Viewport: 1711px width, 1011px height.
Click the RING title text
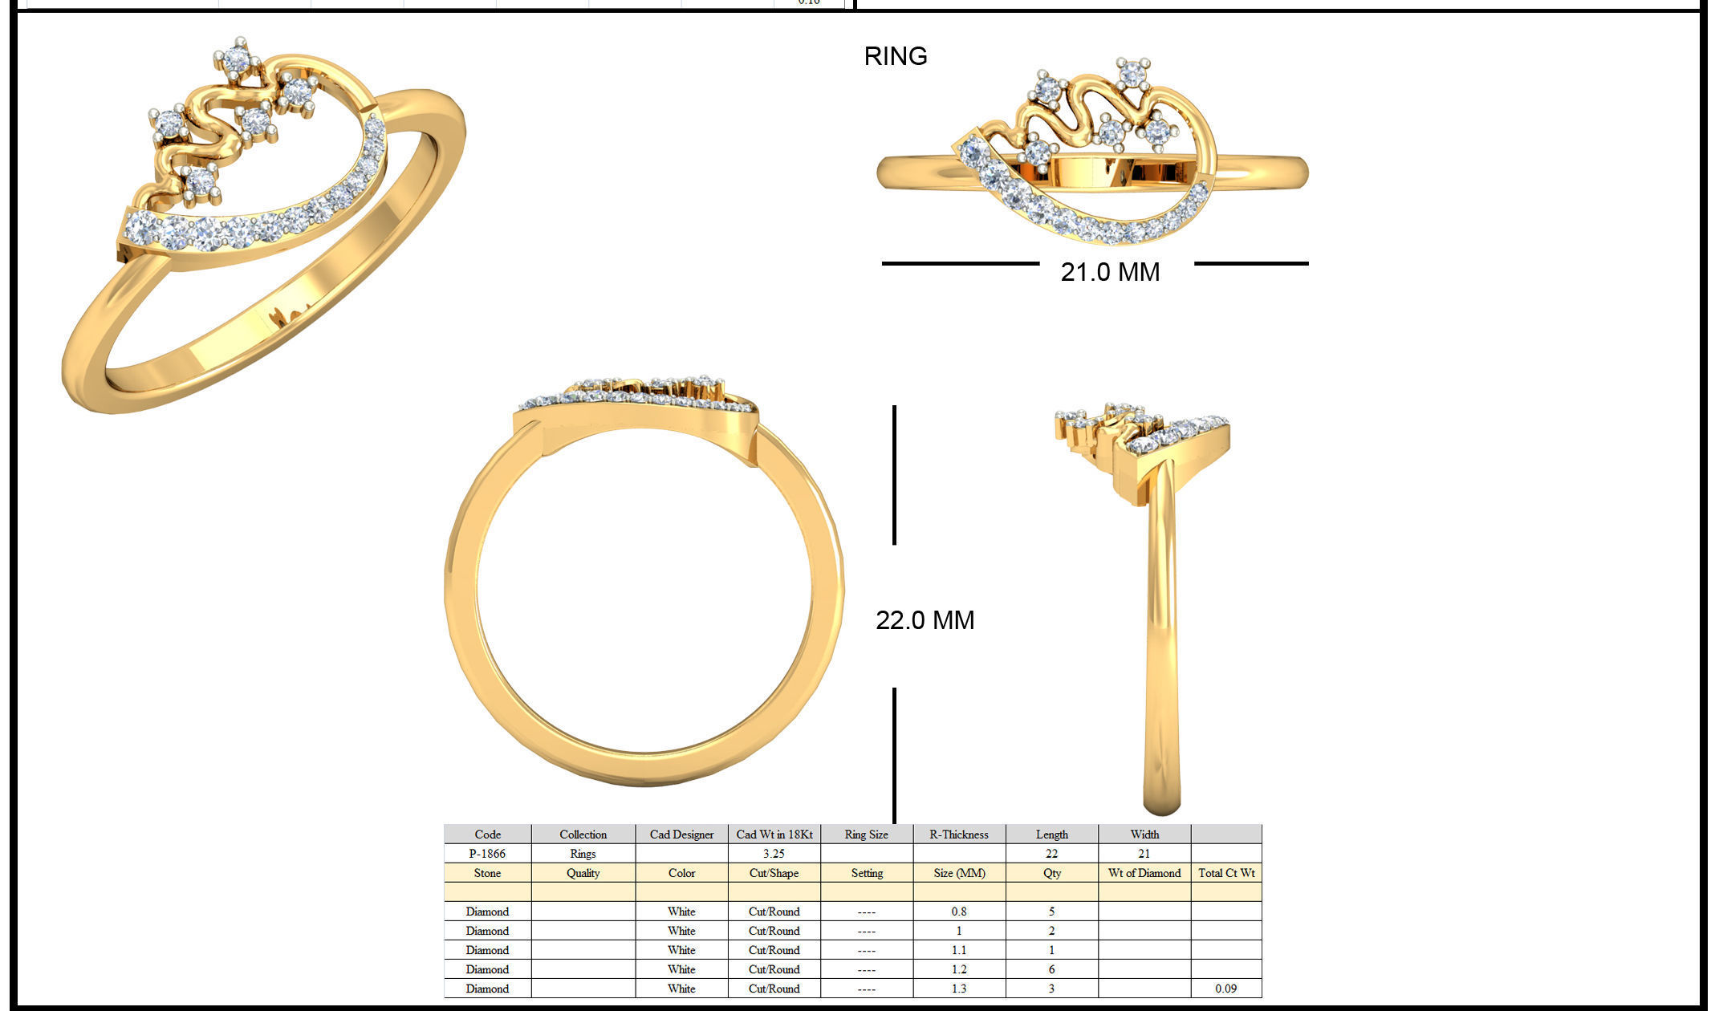895,56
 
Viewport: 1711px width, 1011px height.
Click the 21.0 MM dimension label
1110,272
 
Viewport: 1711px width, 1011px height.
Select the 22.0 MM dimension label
925,620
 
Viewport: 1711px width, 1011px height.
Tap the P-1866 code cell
487,854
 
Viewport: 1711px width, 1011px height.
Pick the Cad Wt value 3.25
774,854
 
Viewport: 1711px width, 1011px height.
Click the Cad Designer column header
681,834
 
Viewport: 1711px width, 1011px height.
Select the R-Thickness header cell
958,834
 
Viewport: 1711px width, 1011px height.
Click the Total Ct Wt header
1225,873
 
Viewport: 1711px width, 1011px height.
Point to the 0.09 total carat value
1225,989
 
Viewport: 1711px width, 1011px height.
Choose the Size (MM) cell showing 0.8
958,912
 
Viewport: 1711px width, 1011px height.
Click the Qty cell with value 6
1051,969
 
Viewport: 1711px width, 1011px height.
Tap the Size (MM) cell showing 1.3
958,989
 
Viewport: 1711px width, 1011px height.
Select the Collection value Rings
583,854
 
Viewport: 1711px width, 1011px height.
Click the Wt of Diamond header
1144,873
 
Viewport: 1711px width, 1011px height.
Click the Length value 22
1051,854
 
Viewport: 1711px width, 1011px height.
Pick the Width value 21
1144,854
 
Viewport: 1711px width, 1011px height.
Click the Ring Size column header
866,834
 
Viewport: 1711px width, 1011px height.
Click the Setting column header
866,873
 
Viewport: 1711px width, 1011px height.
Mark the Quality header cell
583,873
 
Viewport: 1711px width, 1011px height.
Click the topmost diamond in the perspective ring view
237,59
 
